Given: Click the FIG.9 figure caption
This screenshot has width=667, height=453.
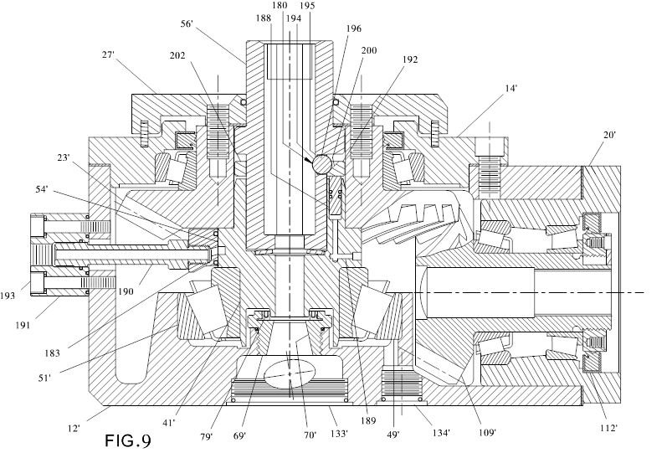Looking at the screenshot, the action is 127,440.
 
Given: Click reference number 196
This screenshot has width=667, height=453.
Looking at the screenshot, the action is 353,28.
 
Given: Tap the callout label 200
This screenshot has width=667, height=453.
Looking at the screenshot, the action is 369,50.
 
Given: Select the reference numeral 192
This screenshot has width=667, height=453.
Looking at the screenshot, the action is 410,59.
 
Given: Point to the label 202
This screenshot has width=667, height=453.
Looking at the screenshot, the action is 177,55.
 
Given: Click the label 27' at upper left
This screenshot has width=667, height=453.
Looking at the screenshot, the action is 108,54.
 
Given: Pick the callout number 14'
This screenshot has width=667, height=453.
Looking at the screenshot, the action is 511,89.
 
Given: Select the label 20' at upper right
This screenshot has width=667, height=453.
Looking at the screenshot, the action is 609,135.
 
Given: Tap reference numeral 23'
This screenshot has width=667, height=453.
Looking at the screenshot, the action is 63,157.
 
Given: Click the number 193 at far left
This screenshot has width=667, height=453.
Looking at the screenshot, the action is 8,296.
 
